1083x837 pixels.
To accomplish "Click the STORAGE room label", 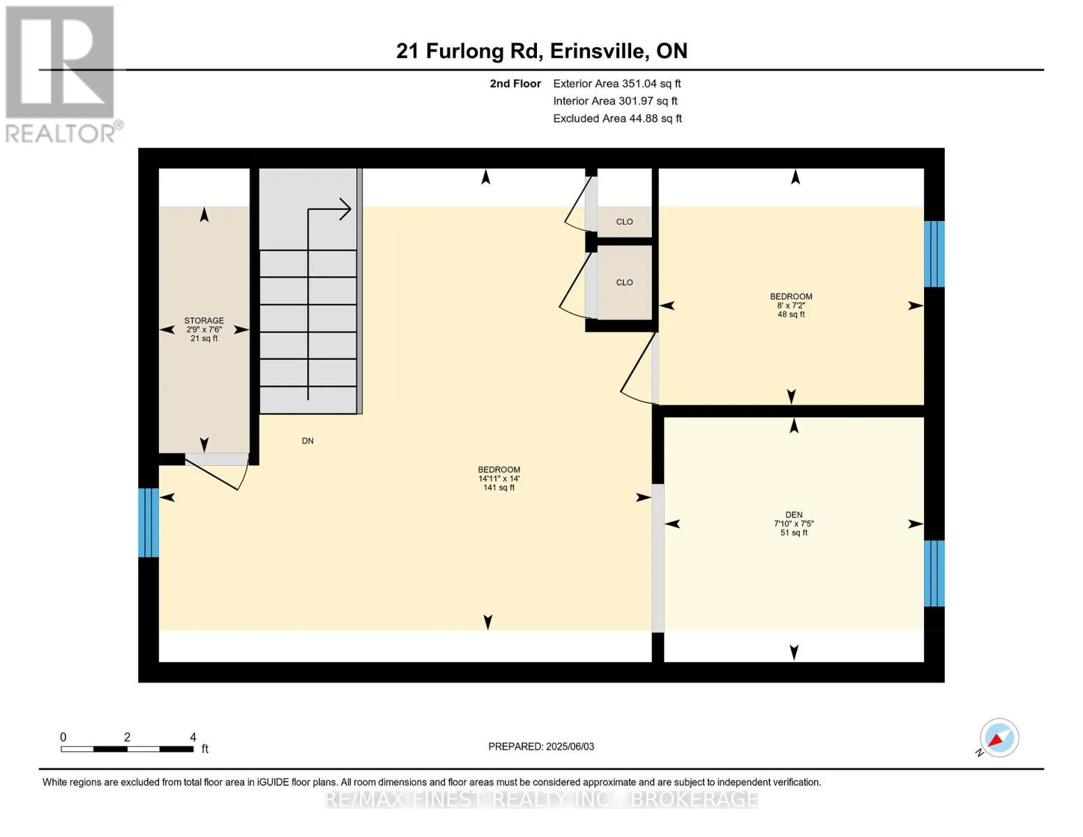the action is click(204, 320).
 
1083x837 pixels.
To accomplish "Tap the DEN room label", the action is click(794, 515).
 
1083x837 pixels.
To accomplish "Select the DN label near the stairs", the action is click(308, 441).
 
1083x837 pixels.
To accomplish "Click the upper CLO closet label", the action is click(624, 221).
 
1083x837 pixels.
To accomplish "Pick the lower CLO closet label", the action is click(624, 282).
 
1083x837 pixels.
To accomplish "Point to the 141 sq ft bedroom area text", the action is click(499, 487).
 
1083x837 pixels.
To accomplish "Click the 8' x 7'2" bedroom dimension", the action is click(791, 305).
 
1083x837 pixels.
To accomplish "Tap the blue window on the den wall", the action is click(934, 573).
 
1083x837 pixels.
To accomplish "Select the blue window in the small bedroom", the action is click(934, 254).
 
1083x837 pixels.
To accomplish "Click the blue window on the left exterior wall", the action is click(149, 522).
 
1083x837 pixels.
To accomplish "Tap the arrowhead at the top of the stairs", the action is click(346, 209).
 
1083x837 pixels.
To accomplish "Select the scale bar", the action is click(127, 748).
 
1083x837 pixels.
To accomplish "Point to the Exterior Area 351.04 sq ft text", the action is click(616, 84).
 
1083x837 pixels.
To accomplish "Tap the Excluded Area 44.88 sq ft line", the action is click(617, 119).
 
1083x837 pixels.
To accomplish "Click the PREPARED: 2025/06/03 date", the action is click(541, 746).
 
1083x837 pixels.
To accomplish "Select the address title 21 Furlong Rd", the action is click(469, 52).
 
